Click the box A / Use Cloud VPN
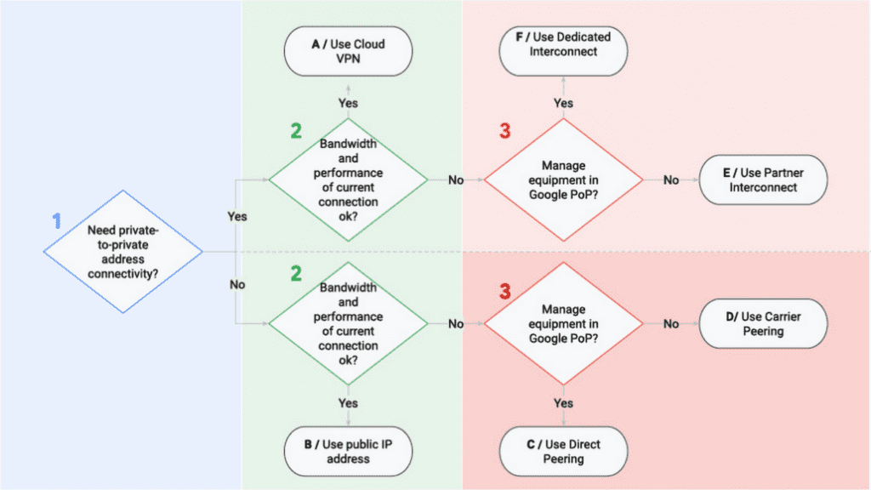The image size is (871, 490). point(349,51)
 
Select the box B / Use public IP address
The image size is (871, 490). point(349,451)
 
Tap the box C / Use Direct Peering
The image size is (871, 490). point(563,451)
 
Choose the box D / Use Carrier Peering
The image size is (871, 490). point(763,323)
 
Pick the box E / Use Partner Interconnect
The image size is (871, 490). point(763,179)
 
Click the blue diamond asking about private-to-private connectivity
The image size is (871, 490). point(123,251)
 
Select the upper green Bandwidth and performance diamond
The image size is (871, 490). point(349,179)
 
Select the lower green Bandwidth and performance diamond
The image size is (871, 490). point(349,323)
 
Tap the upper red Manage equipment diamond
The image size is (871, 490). point(563,179)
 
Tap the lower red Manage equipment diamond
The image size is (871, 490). point(563,323)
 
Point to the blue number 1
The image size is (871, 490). point(57,220)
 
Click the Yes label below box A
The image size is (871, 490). point(349,103)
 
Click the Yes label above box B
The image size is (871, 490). point(349,402)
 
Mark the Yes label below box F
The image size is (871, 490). point(563,103)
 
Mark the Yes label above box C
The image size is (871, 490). point(563,402)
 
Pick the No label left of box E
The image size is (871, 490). point(671,179)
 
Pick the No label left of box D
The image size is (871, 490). point(671,323)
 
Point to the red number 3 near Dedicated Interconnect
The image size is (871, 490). point(505,131)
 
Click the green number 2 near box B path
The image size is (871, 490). point(295,273)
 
